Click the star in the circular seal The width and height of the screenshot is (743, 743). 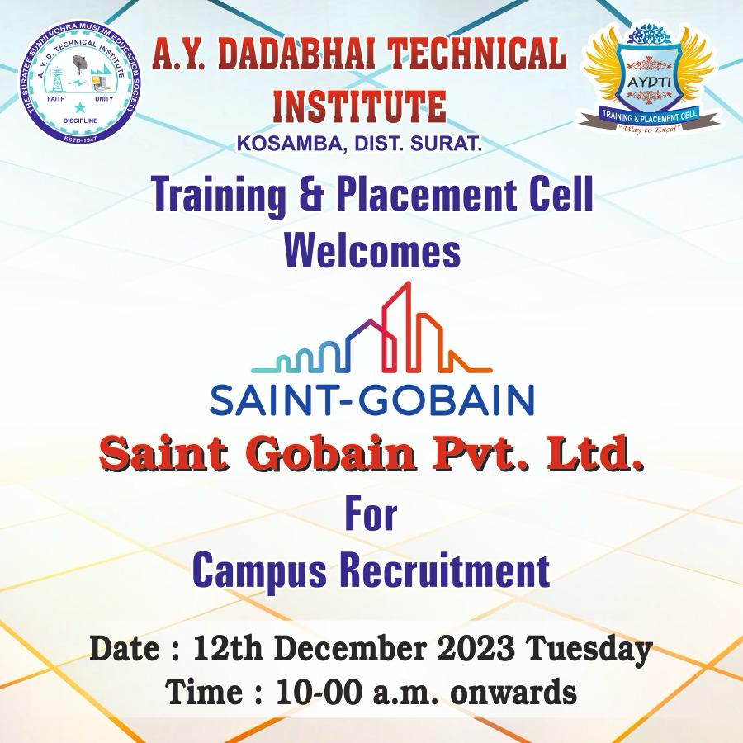[79, 107]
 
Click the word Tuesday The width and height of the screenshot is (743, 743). [590, 650]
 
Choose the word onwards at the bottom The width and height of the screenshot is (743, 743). [513, 693]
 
